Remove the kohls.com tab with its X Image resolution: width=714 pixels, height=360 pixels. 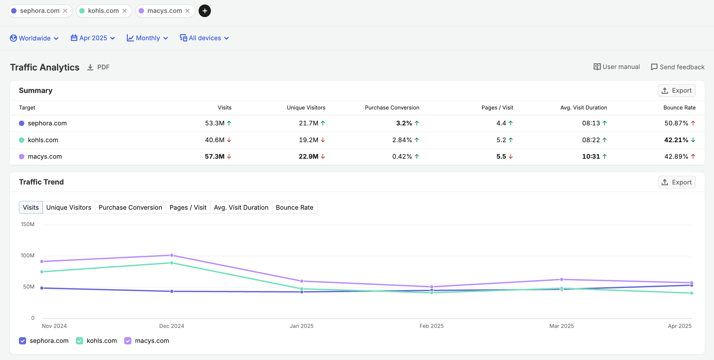[124, 11]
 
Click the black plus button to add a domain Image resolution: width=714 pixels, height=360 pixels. [205, 11]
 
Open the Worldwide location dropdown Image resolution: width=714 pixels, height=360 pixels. [34, 38]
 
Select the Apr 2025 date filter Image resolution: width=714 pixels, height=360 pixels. [93, 38]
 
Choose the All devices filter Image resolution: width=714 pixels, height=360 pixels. [205, 38]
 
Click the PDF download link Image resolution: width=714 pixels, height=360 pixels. [98, 67]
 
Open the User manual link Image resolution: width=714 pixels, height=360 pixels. [616, 67]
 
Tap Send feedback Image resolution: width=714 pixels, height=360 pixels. [677, 67]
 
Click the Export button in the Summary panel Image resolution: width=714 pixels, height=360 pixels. [676, 91]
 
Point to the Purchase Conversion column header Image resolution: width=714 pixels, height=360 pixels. [392, 108]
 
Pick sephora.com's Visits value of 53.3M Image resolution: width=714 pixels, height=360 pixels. [215, 123]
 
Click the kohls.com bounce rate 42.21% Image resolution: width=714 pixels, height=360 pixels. [676, 140]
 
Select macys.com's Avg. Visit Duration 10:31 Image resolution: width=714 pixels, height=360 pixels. [591, 157]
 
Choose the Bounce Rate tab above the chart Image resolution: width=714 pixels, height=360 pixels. [295, 208]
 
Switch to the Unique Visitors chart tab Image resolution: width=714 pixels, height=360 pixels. [69, 208]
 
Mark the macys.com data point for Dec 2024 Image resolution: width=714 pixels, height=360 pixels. [172, 255]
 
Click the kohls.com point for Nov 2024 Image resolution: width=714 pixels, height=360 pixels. [42, 272]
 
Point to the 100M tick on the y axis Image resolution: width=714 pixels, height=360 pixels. [28, 256]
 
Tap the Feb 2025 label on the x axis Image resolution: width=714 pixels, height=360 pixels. [431, 326]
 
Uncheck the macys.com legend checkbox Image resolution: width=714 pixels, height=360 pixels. [128, 341]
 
